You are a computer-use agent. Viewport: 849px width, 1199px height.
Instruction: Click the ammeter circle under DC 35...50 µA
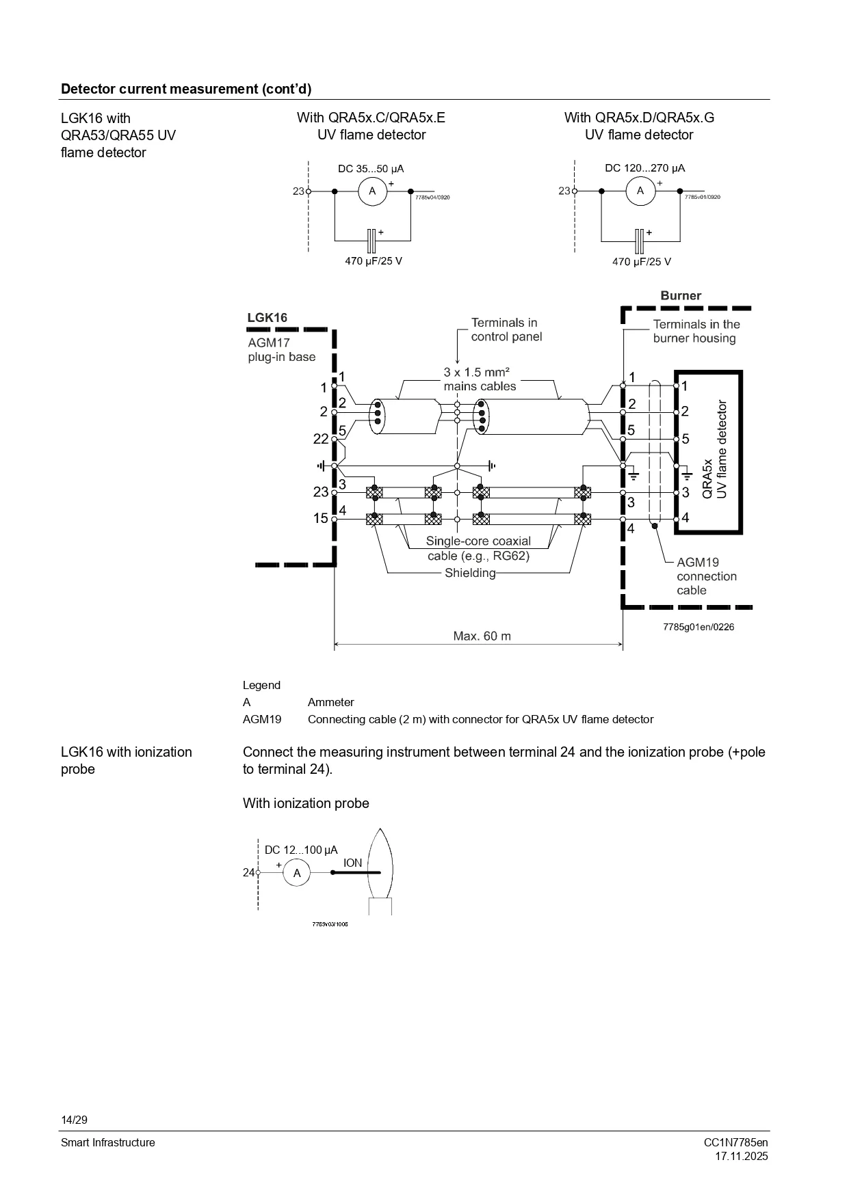pyautogui.click(x=373, y=191)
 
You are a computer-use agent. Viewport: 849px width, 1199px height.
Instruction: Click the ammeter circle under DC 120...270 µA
pyautogui.click(x=640, y=191)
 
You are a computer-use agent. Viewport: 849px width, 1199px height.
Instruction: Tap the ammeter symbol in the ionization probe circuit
pyautogui.click(x=297, y=873)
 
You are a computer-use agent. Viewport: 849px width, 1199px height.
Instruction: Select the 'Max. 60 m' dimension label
pyautogui.click(x=482, y=636)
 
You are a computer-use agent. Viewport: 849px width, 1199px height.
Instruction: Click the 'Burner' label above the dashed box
pyautogui.click(x=681, y=295)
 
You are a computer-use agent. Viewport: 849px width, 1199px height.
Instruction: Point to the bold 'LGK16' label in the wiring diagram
pyautogui.click(x=267, y=317)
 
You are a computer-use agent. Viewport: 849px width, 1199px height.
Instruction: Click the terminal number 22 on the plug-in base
pyautogui.click(x=321, y=439)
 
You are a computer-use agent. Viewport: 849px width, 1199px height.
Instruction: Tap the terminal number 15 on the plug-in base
pyautogui.click(x=321, y=518)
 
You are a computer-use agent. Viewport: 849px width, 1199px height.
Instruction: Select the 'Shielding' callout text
pyautogui.click(x=470, y=573)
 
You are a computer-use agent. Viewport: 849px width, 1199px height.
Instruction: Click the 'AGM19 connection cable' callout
pyautogui.click(x=707, y=576)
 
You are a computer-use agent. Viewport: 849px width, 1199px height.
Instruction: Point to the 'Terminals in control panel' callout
pyautogui.click(x=506, y=329)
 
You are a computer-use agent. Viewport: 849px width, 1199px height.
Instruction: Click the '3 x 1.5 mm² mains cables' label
pyautogui.click(x=480, y=379)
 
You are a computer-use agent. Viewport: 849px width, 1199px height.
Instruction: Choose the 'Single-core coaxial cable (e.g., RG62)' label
pyautogui.click(x=478, y=548)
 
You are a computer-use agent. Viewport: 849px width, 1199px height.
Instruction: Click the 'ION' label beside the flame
pyautogui.click(x=353, y=863)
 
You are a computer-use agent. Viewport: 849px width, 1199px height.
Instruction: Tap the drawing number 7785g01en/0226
pyautogui.click(x=698, y=627)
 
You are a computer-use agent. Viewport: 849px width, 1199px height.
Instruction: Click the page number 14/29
pyautogui.click(x=75, y=1120)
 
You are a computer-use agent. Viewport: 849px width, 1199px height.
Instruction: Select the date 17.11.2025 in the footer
pyautogui.click(x=742, y=1156)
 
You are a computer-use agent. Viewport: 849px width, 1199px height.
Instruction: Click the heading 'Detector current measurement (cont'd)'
pyautogui.click(x=186, y=89)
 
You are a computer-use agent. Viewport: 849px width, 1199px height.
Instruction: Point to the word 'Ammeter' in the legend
pyautogui.click(x=331, y=702)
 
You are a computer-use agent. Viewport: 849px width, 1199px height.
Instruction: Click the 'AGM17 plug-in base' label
pyautogui.click(x=282, y=350)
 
